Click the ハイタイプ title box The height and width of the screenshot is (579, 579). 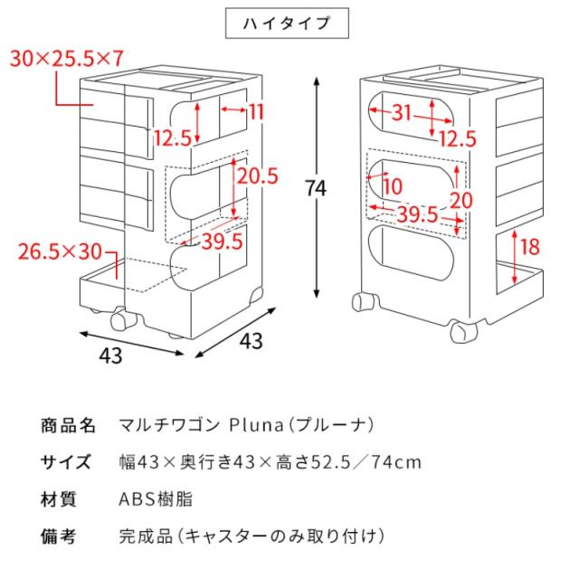(x=287, y=23)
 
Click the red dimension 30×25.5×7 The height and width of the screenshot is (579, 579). (x=66, y=59)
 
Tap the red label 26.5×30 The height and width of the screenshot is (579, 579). (x=60, y=252)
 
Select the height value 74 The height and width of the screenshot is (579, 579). (x=316, y=188)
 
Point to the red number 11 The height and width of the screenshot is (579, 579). (x=257, y=111)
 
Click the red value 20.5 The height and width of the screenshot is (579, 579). (x=257, y=176)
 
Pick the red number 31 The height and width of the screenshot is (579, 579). (x=402, y=112)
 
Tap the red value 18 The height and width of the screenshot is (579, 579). (x=529, y=246)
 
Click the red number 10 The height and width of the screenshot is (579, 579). (x=393, y=186)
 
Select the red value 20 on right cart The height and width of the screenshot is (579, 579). (x=461, y=201)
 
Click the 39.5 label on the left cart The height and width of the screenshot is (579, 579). (x=223, y=242)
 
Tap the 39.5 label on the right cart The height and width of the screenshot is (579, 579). (x=417, y=214)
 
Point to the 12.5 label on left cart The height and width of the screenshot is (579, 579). (x=173, y=138)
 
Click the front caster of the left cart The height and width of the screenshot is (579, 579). (x=121, y=319)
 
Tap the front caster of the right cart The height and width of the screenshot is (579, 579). (x=464, y=332)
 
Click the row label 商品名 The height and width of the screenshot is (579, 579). (x=69, y=425)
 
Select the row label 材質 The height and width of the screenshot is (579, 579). (x=59, y=499)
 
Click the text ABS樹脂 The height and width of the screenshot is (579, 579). (x=156, y=499)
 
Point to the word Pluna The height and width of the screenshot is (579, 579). (x=256, y=425)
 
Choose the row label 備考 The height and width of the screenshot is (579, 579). (x=59, y=536)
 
